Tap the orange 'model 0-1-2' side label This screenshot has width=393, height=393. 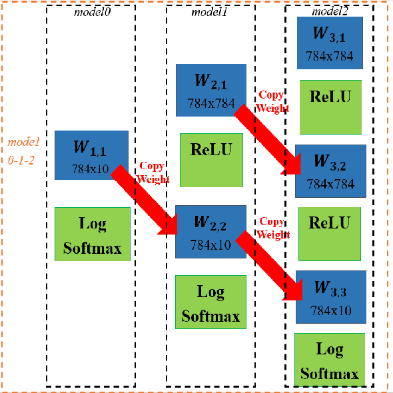coord(24,152)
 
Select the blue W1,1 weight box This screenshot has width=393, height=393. coord(91,155)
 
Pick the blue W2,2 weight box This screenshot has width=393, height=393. coord(210,230)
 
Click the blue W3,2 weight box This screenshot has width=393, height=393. coord(330,171)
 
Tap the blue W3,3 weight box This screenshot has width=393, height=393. coord(330,296)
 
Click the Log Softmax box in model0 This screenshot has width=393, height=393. coord(92,234)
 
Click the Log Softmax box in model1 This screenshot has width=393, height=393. coord(210,302)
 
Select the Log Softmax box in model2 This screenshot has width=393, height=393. coord(329,360)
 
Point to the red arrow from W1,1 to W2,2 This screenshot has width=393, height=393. coord(143,200)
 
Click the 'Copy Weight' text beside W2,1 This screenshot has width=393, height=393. coord(272,101)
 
